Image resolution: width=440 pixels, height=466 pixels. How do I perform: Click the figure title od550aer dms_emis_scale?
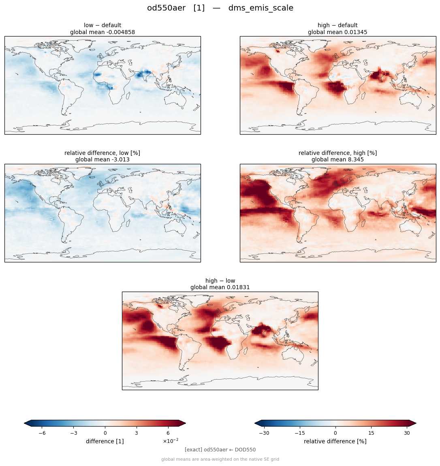pyautogui.click(x=220, y=8)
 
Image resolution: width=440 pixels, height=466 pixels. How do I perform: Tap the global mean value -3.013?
pyautogui.click(x=120, y=160)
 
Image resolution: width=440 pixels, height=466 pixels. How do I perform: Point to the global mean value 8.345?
pyautogui.click(x=354, y=160)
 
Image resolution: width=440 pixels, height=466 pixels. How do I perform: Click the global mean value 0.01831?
pyautogui.click(x=237, y=288)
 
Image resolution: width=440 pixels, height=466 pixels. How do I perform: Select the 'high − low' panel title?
pyautogui.click(x=220, y=281)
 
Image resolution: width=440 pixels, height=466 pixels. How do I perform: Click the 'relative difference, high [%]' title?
pyautogui.click(x=338, y=153)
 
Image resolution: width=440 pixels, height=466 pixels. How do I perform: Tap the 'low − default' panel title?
pyautogui.click(x=103, y=25)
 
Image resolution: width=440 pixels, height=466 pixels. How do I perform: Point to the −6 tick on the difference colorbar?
pyautogui.click(x=42, y=433)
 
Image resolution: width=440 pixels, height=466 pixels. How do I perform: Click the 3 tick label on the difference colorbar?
pyautogui.click(x=137, y=433)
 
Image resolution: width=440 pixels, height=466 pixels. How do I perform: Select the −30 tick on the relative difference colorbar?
pyautogui.click(x=264, y=433)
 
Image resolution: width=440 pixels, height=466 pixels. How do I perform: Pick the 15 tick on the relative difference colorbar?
pyautogui.click(x=371, y=433)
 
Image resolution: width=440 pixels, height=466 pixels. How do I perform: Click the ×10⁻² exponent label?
pyautogui.click(x=171, y=441)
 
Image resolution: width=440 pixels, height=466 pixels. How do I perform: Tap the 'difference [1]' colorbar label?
pyautogui.click(x=105, y=441)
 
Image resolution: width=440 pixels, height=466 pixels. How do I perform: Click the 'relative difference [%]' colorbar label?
pyautogui.click(x=335, y=441)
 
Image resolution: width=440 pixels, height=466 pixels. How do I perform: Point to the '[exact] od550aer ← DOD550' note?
pyautogui.click(x=220, y=450)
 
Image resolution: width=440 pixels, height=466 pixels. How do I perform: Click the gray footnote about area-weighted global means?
pyautogui.click(x=220, y=459)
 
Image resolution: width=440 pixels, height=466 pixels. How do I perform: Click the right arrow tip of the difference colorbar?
pyautogui.click(x=186, y=423)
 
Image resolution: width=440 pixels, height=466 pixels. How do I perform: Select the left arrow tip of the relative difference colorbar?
pyautogui.click(x=255, y=423)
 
